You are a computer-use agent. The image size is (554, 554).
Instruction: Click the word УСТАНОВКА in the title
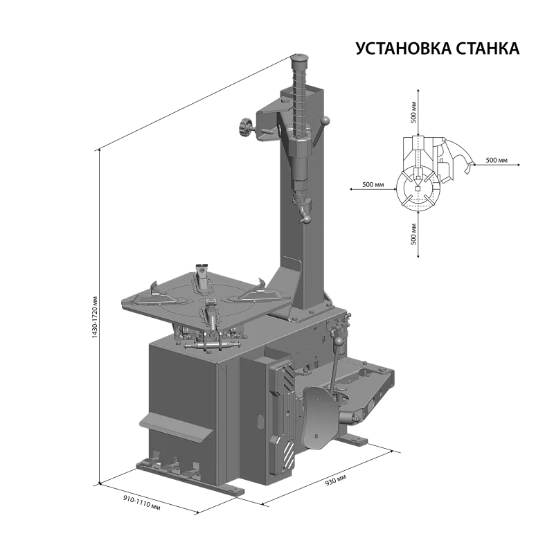click(404, 48)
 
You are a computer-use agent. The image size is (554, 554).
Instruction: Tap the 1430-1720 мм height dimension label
click(94, 316)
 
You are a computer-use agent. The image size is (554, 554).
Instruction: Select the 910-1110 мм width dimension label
click(142, 502)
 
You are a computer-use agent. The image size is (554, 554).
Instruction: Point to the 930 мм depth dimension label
click(336, 480)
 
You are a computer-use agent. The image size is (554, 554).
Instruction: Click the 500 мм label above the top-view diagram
click(413, 112)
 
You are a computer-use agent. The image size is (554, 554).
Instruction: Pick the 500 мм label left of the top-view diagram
click(373, 184)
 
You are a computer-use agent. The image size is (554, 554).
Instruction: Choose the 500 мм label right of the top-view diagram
click(497, 160)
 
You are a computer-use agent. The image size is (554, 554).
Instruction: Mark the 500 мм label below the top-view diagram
click(413, 234)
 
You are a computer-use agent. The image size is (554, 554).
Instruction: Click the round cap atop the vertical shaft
click(299, 60)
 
